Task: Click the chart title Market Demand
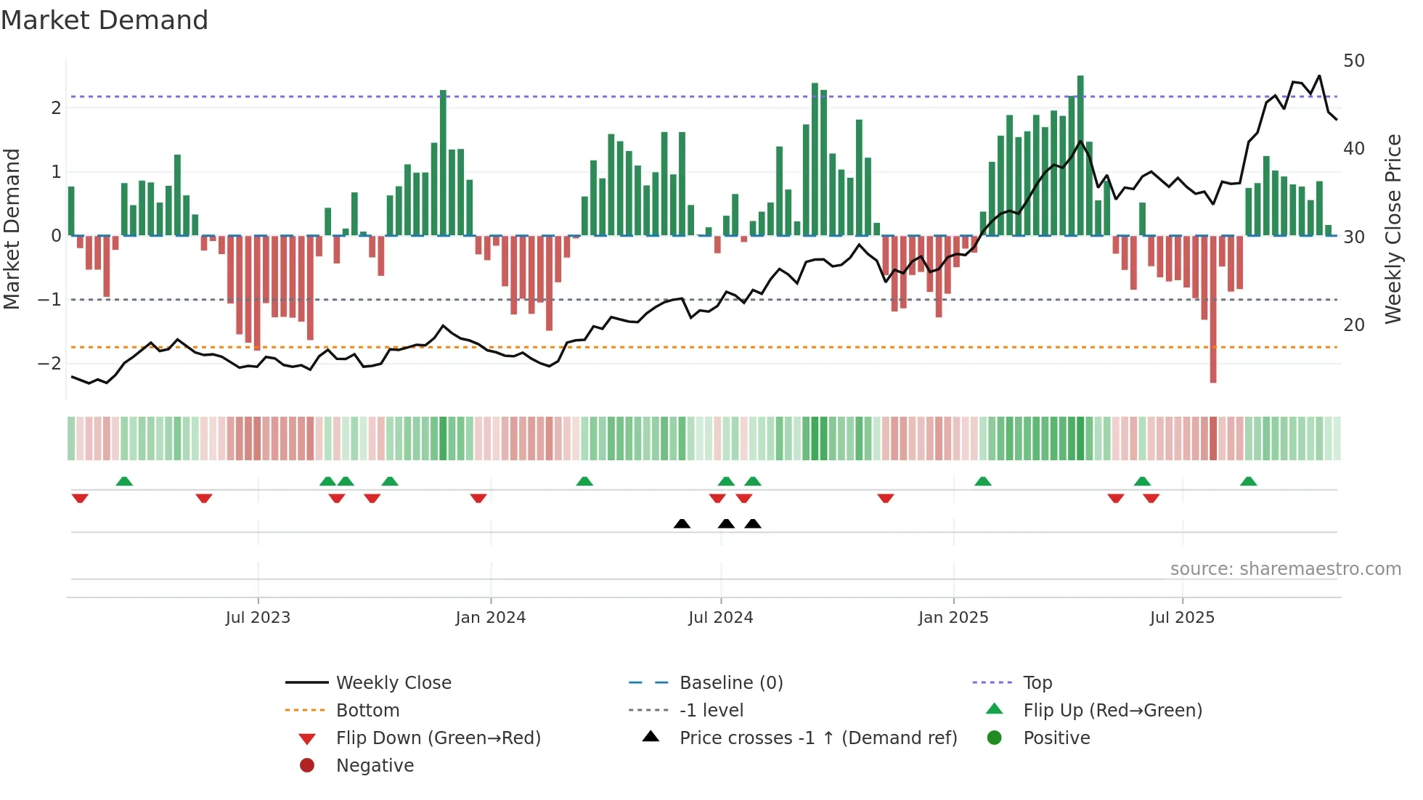105,20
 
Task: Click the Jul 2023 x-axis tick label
258,618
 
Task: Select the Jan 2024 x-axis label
490,618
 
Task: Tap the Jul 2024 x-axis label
720,618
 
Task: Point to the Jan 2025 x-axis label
953,618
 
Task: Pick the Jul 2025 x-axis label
1182,618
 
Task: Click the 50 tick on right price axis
1353,61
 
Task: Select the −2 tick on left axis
49,363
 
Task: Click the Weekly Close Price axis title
1393,229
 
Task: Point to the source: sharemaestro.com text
1285,569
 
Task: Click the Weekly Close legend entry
394,683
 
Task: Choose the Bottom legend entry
367,711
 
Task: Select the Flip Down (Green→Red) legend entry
438,738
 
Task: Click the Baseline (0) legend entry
730,683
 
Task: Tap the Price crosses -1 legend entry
817,738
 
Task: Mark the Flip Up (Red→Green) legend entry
1112,711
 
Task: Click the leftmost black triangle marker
682,524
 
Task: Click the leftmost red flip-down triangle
80,498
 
